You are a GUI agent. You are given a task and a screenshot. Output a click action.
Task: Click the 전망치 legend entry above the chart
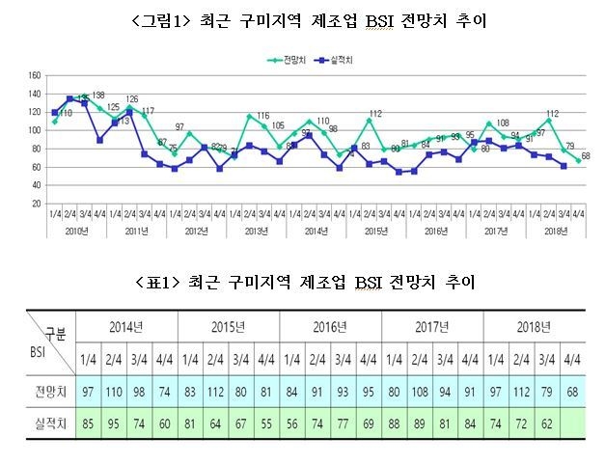click(x=284, y=60)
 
